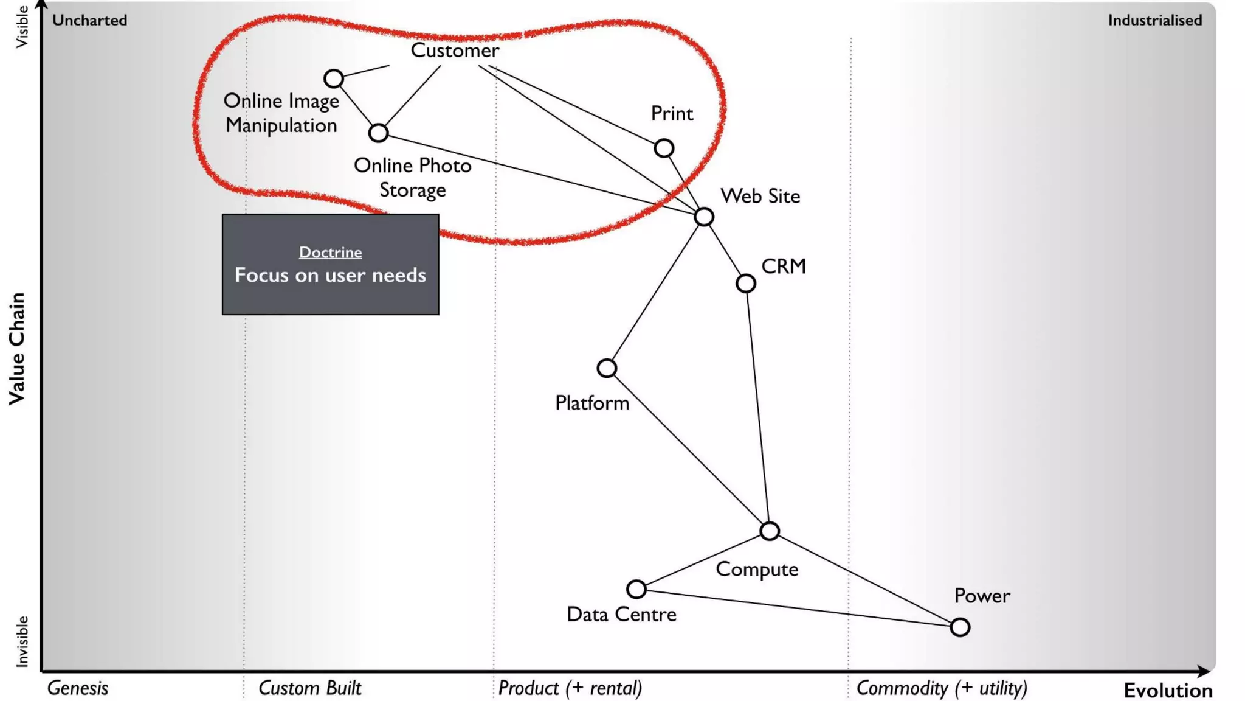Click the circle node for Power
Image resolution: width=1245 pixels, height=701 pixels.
[x=960, y=627]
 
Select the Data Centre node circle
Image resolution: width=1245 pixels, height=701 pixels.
[x=636, y=588]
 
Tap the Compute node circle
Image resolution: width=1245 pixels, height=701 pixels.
[x=770, y=531]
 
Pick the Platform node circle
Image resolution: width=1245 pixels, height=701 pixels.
[x=607, y=368]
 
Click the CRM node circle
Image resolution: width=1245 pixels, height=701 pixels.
[x=746, y=283]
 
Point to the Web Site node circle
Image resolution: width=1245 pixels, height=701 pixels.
[x=704, y=217]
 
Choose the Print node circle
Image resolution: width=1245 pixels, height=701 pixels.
[x=664, y=148]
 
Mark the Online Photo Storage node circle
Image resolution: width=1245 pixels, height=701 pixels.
[x=378, y=133]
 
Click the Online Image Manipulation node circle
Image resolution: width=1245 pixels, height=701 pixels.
[x=333, y=78]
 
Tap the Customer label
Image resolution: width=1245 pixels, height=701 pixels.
[x=455, y=51]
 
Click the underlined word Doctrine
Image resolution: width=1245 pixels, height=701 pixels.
[x=330, y=252]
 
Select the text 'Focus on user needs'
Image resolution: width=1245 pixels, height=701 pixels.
[x=330, y=275]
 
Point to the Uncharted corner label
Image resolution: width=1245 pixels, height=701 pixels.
[x=89, y=20]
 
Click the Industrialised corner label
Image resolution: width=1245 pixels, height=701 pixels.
[x=1154, y=20]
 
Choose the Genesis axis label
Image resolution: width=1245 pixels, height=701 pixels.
[x=78, y=688]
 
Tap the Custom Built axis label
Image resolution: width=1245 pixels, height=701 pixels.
[x=309, y=688]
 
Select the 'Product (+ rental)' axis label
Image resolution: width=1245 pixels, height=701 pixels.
[x=570, y=688]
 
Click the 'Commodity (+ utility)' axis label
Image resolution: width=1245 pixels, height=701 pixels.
[x=942, y=688]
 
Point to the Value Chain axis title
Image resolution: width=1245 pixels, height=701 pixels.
[x=17, y=348]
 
